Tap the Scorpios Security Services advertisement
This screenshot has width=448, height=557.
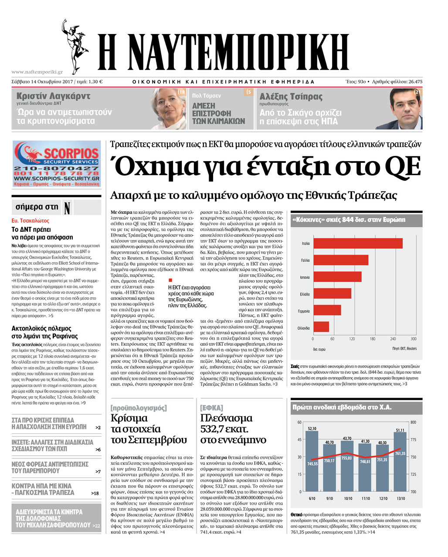[x=56, y=164]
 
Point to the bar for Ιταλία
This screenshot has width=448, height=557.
[x=358, y=243]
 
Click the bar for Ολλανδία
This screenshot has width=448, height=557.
[x=321, y=327]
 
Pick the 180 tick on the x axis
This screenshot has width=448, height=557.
[x=372, y=339]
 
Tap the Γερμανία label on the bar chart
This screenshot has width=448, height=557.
[x=304, y=311]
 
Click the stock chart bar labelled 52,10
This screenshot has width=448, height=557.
[x=312, y=461]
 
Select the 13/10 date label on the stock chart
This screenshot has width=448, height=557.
[x=400, y=499]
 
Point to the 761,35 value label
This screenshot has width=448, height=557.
[x=400, y=454]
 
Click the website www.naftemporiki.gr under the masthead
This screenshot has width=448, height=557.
[x=37, y=72]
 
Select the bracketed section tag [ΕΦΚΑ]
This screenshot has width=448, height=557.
[x=211, y=408]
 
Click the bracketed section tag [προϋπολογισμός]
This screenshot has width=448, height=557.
[x=139, y=408]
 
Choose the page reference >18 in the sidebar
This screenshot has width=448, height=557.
[x=95, y=493]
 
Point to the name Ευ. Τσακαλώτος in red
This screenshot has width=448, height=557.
[x=31, y=221]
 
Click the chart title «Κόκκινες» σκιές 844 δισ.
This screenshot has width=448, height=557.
[x=349, y=220]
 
